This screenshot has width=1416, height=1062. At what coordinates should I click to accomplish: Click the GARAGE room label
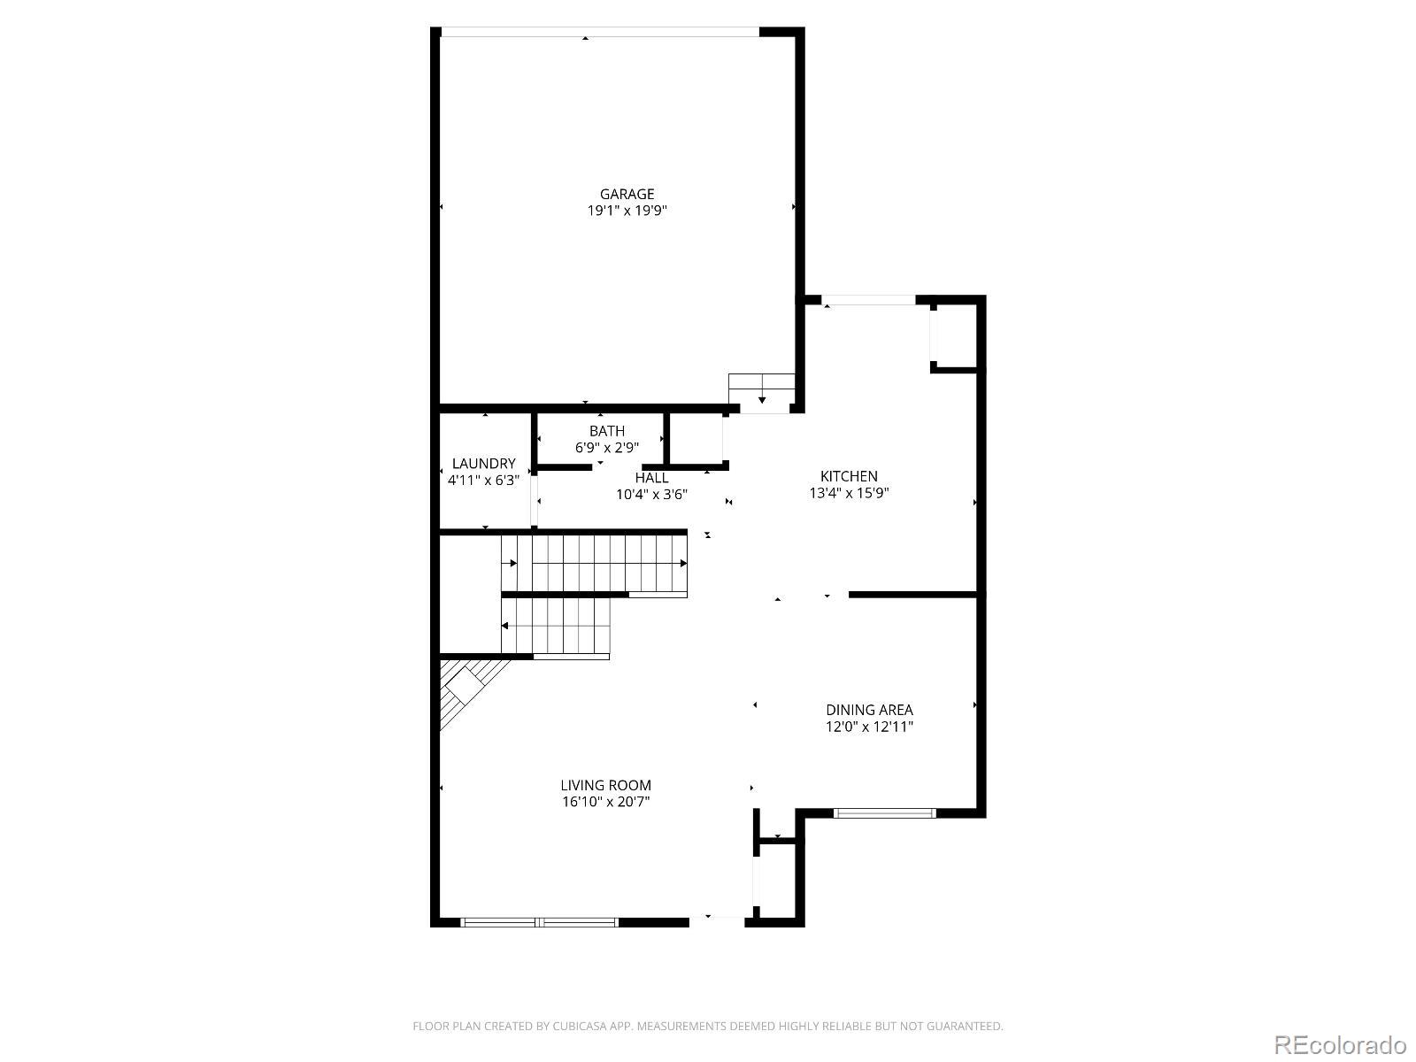point(627,194)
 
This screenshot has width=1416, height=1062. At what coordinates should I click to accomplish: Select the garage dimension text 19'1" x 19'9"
point(627,211)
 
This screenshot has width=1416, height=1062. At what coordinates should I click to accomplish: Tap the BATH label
point(606,431)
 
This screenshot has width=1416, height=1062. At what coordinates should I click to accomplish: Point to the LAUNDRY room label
point(483,463)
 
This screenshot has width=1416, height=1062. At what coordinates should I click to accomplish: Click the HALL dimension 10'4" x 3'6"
point(651,495)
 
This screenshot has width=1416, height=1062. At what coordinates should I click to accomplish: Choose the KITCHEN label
point(848,476)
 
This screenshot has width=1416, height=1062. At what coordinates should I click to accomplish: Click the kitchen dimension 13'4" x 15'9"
point(848,493)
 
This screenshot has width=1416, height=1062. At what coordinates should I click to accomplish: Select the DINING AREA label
point(868,710)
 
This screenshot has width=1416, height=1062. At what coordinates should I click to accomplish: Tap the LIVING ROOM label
point(605,785)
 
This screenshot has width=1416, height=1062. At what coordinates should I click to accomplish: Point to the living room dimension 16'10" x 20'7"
point(605,802)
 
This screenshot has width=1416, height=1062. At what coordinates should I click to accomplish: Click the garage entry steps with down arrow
point(762,393)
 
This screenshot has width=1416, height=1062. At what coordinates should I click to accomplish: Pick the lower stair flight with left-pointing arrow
point(556,625)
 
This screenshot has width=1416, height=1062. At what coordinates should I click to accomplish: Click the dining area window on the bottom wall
point(884,812)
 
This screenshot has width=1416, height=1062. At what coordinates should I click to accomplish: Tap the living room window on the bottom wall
point(539,922)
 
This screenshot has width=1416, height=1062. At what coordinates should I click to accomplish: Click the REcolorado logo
point(1340,1044)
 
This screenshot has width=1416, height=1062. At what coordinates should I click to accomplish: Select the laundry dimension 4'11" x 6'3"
point(483,480)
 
